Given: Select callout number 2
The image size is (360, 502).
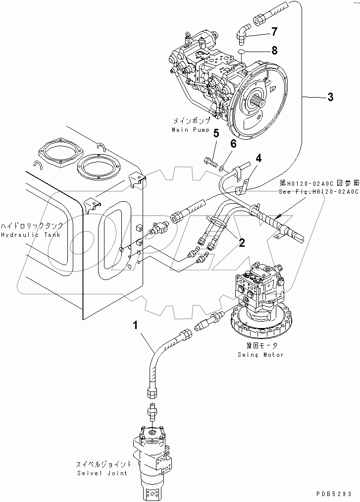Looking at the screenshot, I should tap(241, 242).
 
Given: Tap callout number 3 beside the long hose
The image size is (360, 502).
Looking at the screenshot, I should tap(330, 98).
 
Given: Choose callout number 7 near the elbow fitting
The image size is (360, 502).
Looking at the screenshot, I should tap(274, 32).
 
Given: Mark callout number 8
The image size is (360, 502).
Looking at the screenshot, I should tap(274, 51).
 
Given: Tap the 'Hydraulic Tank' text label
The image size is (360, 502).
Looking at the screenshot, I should tap(31, 234).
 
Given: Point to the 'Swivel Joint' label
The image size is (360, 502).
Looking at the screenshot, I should tap(103, 473).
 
